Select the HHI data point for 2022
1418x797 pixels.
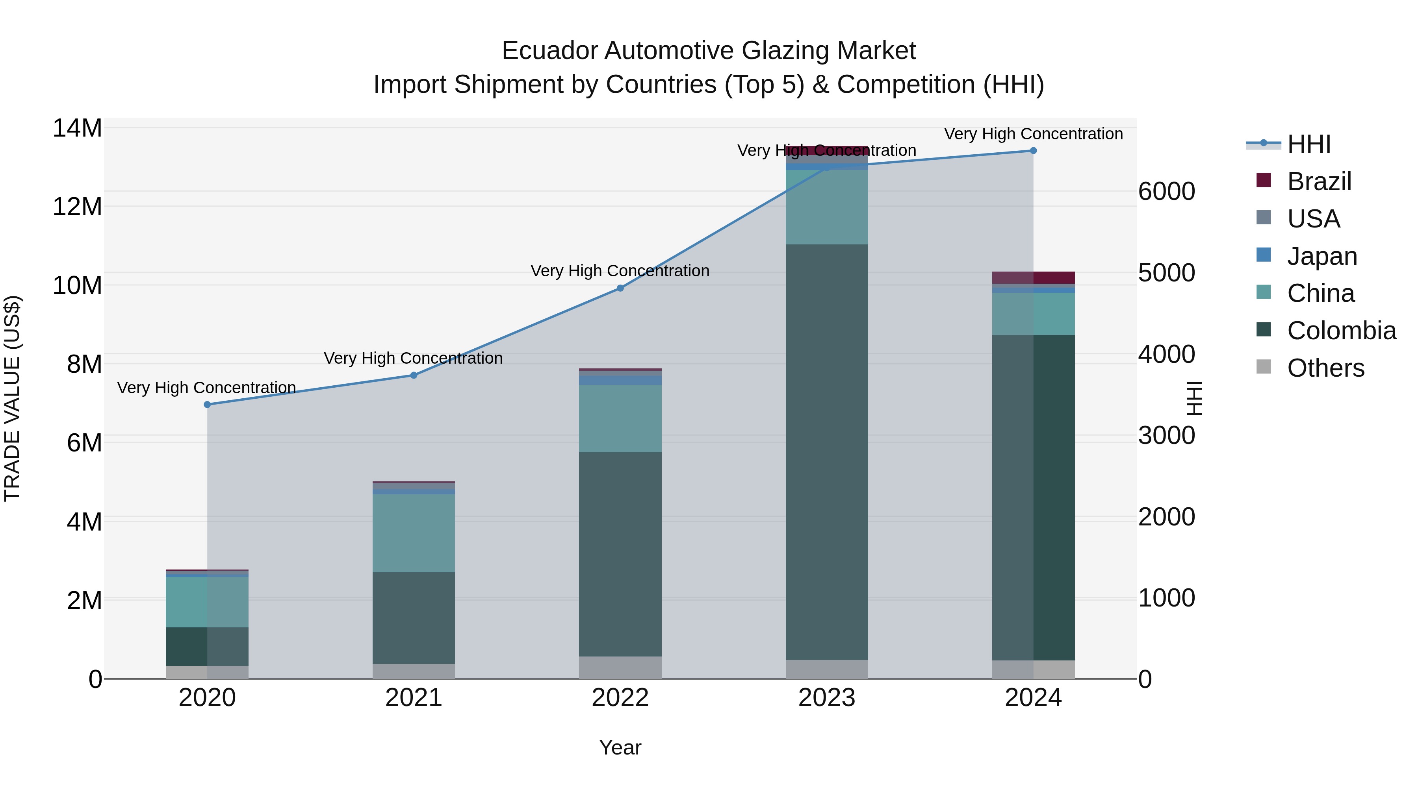(x=620, y=288)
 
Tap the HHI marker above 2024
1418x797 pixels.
(x=1033, y=151)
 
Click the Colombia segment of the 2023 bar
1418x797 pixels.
(x=827, y=451)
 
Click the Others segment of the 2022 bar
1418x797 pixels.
(x=620, y=667)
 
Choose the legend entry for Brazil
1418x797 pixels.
(x=1319, y=181)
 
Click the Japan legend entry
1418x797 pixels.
(x=1321, y=256)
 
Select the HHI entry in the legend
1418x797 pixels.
(x=1308, y=144)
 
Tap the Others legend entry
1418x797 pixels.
(x=1325, y=368)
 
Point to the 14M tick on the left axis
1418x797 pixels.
(x=77, y=128)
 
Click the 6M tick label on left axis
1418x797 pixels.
(x=84, y=443)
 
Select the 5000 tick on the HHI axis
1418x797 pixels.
(x=1166, y=273)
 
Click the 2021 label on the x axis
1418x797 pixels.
(x=414, y=698)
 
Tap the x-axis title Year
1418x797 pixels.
(x=620, y=747)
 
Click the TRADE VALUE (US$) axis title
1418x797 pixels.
(x=12, y=398)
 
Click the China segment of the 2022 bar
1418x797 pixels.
(x=620, y=418)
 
